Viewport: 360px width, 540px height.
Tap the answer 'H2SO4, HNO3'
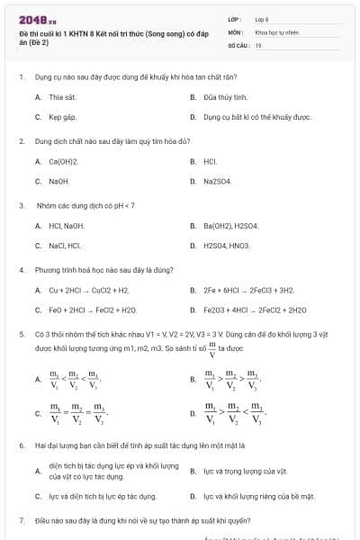point(226,246)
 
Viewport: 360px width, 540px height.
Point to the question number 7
point(21,520)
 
